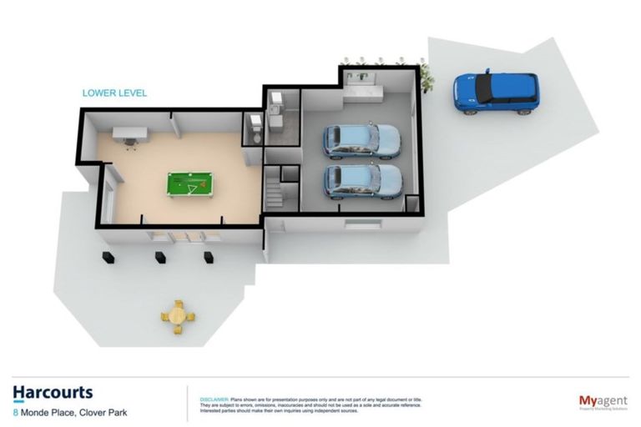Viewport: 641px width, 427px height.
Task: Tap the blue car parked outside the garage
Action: pos(496,92)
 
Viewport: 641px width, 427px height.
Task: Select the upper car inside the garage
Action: pos(361,141)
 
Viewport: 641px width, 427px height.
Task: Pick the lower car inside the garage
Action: pos(362,181)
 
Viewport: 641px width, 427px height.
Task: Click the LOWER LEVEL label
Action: pos(114,93)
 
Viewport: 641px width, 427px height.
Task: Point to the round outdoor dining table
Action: pos(177,316)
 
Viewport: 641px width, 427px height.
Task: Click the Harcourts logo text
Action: pos(53,393)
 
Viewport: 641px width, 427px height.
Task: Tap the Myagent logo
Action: pos(603,402)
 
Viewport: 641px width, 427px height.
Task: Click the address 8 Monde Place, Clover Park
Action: pos(70,411)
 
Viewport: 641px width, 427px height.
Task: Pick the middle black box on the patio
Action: pos(156,255)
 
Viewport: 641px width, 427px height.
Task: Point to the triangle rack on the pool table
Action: pos(194,187)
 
